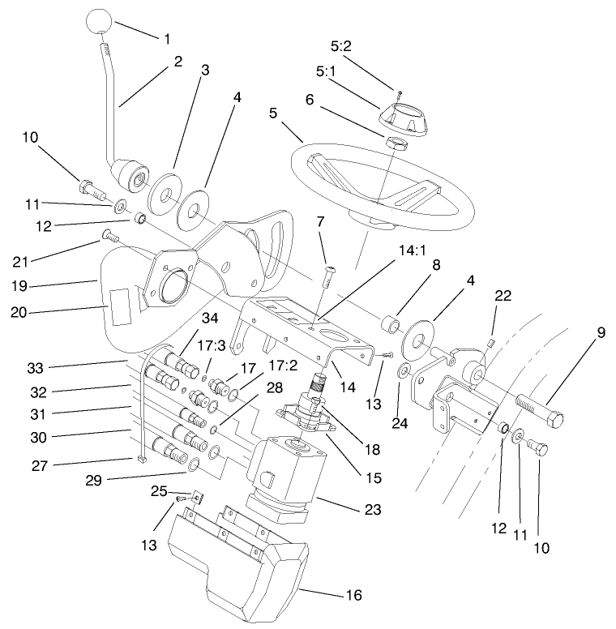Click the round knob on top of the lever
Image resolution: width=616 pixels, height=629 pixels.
tap(100, 22)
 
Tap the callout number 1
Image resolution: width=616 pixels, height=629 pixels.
tap(168, 38)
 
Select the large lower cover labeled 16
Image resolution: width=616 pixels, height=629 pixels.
tap(243, 559)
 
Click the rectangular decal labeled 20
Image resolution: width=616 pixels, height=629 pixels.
tap(126, 307)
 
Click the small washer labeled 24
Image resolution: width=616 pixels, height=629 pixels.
tap(403, 372)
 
